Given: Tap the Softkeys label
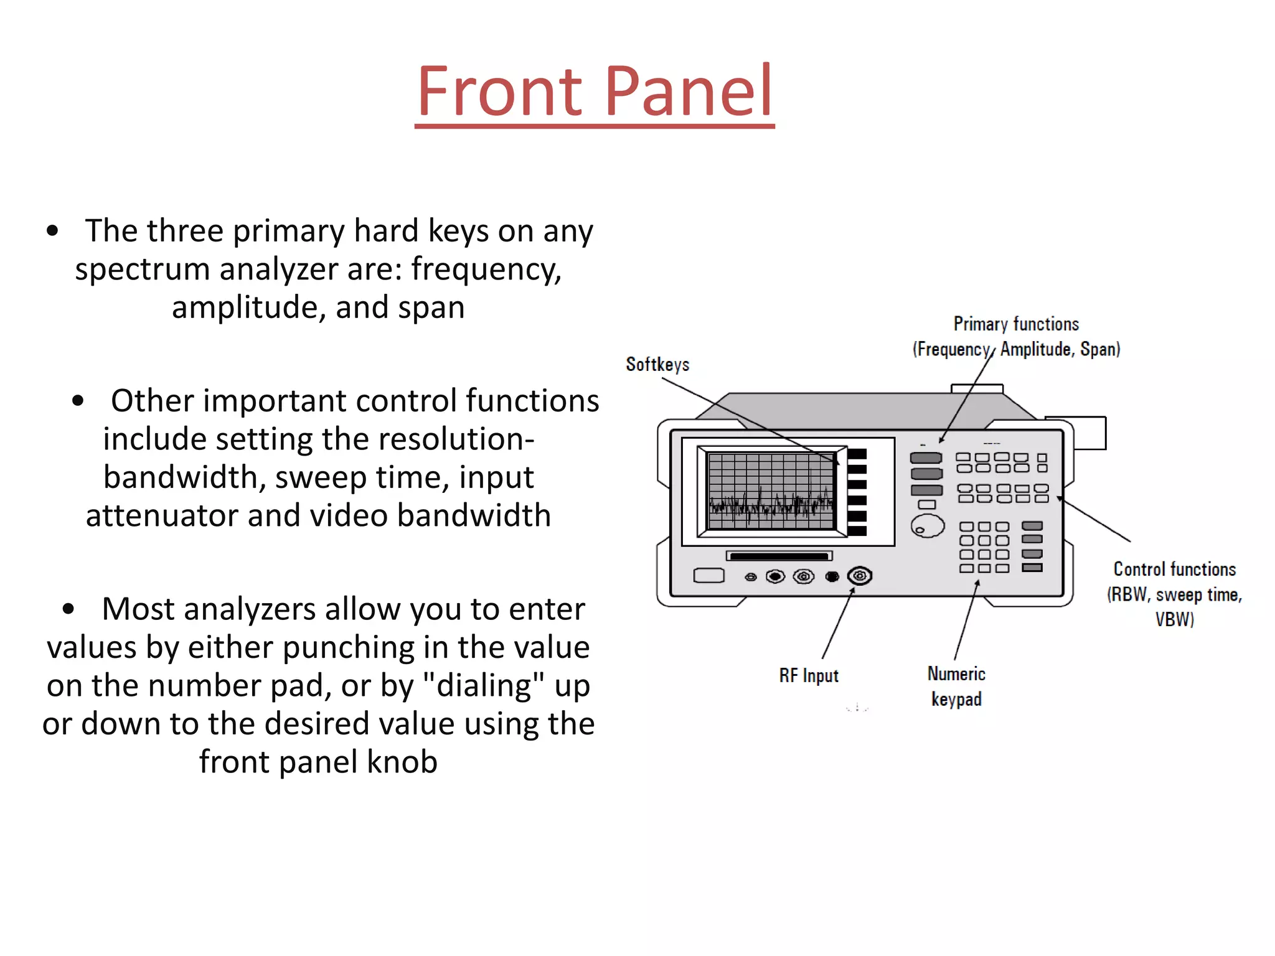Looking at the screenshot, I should [657, 364].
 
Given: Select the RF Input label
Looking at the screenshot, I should [809, 675].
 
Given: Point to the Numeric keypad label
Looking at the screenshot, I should [956, 686].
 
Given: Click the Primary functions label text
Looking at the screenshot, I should [1016, 324].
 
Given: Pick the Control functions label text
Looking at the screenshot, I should [1174, 569].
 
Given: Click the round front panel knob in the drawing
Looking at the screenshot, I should [927, 527].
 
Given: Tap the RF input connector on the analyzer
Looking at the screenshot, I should [859, 576].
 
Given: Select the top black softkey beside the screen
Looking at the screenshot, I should [857, 454].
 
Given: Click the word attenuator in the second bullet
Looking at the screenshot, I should [162, 516].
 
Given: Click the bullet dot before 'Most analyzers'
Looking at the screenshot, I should [68, 609].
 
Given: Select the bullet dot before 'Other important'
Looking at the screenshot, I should [78, 401].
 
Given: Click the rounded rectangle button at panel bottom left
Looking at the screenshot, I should [708, 576].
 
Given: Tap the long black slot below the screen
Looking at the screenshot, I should [779, 556].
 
